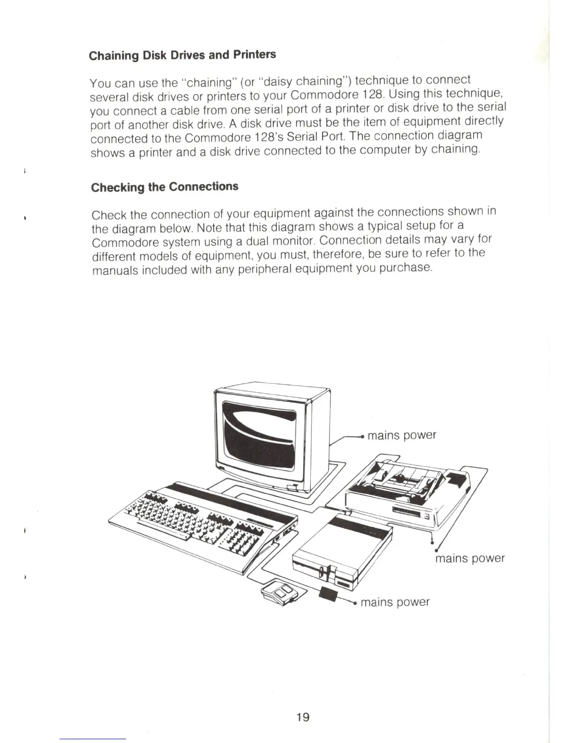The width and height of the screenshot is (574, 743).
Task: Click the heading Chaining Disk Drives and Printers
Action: click(182, 55)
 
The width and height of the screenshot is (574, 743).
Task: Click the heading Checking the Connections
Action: click(165, 187)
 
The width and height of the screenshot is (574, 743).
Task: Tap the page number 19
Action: click(303, 717)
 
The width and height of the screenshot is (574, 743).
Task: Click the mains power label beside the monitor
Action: click(401, 435)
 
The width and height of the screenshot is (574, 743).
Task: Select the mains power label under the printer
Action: click(469, 558)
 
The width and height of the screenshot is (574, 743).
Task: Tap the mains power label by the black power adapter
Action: click(395, 602)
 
